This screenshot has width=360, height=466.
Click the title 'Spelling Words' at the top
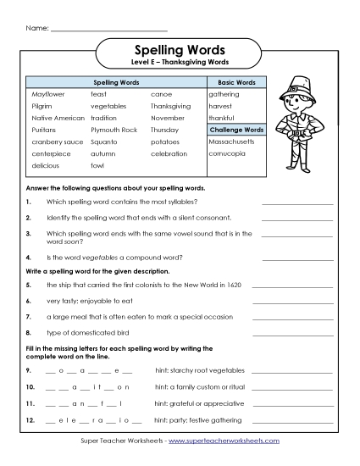[x=180, y=50]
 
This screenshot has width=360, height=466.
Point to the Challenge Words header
[x=236, y=130]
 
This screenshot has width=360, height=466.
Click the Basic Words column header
[x=236, y=83]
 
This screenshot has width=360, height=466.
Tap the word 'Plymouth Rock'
[x=114, y=130]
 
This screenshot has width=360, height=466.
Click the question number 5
[x=29, y=286]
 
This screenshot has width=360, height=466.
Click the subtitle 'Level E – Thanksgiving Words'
[x=180, y=63]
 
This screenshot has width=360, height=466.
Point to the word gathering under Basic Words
[x=224, y=95]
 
